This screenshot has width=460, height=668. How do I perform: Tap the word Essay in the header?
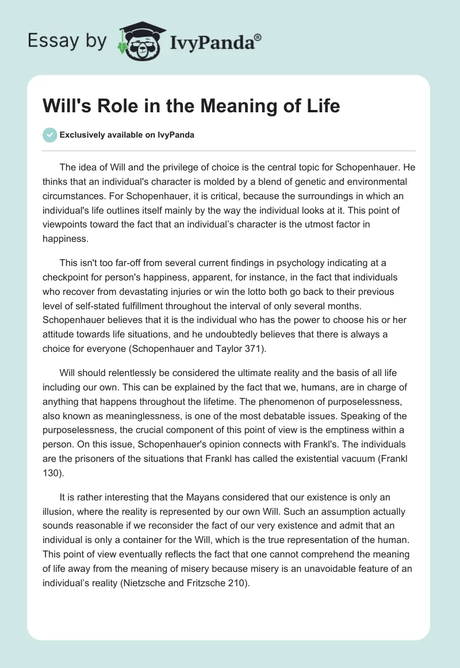[x=53, y=41]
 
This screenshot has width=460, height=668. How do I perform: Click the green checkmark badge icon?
[x=49, y=135]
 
